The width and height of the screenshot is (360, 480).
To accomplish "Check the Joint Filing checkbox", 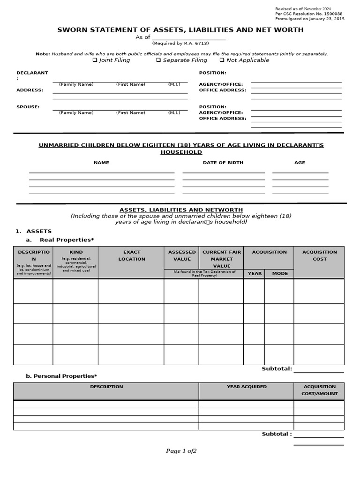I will click(95, 60).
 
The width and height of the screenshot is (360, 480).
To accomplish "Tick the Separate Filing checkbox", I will click(158, 60).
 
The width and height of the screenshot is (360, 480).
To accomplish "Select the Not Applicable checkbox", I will click(222, 60).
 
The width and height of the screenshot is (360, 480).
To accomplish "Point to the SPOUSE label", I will click(28, 107).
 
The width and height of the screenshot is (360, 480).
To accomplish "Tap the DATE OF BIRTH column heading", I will click(223, 163).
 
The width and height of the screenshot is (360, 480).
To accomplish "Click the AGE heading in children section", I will click(300, 163).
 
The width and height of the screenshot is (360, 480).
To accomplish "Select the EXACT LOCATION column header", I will click(132, 255).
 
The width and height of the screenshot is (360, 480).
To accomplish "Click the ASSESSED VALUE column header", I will click(182, 255).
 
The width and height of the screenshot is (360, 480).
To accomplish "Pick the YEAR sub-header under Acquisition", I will click(255, 273).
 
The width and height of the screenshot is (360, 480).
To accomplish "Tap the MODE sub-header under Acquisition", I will click(280, 273).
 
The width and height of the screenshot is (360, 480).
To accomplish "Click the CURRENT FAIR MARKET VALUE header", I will click(222, 259).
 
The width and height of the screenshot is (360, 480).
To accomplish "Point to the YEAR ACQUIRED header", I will click(247, 387).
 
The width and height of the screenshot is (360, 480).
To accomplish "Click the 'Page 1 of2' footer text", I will click(181, 451).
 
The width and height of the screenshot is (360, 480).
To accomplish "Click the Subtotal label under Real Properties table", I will click(277, 369).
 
